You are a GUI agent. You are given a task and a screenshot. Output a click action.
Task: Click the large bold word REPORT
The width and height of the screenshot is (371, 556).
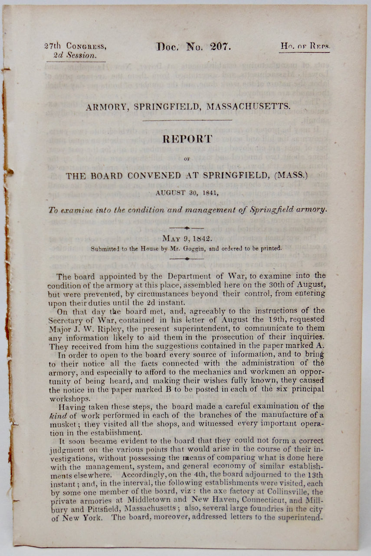tap(187, 139)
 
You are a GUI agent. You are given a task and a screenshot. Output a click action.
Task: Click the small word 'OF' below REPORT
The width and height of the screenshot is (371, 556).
tap(187, 159)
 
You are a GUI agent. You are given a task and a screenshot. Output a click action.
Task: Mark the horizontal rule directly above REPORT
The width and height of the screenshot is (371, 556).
tap(187, 120)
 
